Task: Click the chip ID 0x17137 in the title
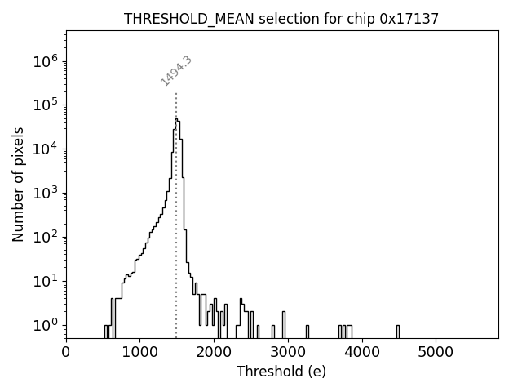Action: coord(409,19)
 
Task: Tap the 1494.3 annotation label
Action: coord(176,70)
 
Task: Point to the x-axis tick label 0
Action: coord(66,353)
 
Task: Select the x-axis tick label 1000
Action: coord(139,353)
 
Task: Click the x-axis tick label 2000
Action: coord(214,353)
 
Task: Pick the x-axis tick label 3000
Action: coord(287,353)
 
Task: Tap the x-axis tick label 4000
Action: coord(361,353)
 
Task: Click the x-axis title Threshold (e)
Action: coord(281,372)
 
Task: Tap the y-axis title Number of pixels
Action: coord(18,185)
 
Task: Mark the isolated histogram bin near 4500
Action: coord(398,331)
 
